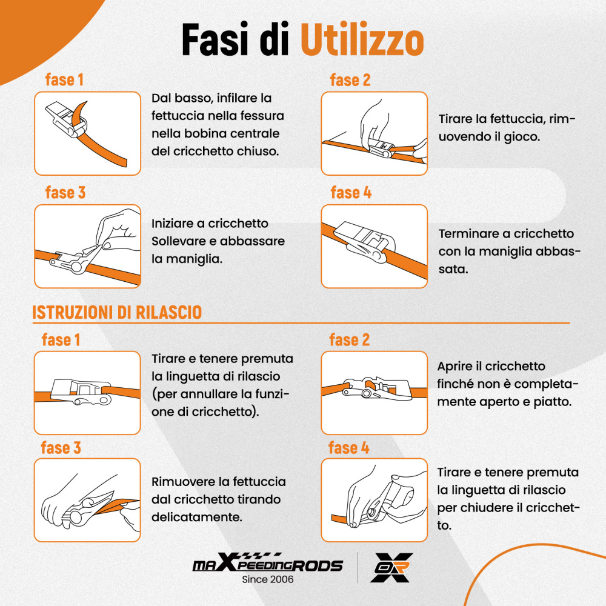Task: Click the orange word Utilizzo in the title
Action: click(x=362, y=40)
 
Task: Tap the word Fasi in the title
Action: click(x=215, y=39)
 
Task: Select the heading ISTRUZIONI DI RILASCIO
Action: click(x=117, y=312)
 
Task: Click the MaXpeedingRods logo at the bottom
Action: click(x=267, y=562)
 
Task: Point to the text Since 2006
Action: click(x=267, y=579)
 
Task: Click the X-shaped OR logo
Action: click(x=391, y=567)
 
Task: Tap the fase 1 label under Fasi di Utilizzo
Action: click(x=64, y=79)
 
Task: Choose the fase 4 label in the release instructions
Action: click(x=348, y=448)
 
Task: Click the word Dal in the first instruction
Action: click(x=161, y=98)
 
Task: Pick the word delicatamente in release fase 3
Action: click(x=197, y=517)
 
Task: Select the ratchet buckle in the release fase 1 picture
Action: click(x=81, y=391)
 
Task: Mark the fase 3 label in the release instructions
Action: click(x=61, y=448)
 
